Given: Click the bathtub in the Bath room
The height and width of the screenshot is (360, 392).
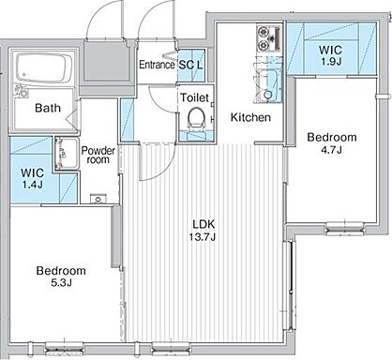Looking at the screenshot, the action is pos(42,68).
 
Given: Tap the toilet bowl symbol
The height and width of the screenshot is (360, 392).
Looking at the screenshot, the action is pos(196,118).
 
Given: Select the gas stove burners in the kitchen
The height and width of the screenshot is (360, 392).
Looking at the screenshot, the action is pos(269,39).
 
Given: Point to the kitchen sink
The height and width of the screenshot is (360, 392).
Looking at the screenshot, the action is pos(268,86).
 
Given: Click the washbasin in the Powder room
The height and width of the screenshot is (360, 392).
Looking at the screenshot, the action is pos(67,154).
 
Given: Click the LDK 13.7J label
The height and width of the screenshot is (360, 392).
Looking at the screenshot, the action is pos(203,231).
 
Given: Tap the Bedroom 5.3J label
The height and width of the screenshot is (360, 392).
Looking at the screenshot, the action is pos(61,277).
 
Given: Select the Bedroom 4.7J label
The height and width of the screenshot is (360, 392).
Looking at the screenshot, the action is pos(332,143).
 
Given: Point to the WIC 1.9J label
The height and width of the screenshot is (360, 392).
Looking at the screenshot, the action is pos(330,55).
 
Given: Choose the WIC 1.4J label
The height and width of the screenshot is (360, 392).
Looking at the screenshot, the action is pos(32,178).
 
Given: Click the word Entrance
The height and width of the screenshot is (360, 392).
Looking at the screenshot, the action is pos(157,65).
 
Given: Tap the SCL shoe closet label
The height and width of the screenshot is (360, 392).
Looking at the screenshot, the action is pos(190,65).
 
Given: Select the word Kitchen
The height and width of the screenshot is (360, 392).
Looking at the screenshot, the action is pos(250,117).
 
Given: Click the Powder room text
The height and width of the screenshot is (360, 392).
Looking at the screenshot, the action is pos(98,155).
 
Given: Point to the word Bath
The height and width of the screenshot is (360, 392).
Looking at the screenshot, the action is pos(48,108).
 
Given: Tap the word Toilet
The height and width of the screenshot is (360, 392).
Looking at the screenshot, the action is pos(194,97).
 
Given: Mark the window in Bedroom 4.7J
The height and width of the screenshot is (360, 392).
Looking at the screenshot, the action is pos(345,228).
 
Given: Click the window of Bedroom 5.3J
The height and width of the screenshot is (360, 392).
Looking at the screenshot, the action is pos(65,348).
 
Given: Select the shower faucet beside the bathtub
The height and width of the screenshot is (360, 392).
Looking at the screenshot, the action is pos(21,91).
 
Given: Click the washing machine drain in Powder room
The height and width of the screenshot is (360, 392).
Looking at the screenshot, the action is pos(98,199).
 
